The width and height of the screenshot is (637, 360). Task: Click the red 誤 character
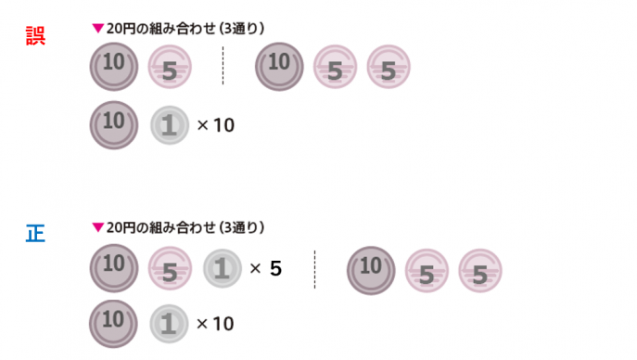[x=35, y=36]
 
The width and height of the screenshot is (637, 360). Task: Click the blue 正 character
[x=35, y=234]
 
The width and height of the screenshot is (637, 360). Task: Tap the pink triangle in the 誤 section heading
[x=98, y=28]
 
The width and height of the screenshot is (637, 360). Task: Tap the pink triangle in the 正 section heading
[x=98, y=227]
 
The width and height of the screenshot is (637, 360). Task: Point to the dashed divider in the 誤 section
[x=223, y=66]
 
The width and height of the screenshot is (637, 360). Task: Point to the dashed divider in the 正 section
[x=314, y=269]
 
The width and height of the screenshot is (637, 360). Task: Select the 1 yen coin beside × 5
[x=223, y=268]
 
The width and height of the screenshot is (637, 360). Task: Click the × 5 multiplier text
[x=266, y=268]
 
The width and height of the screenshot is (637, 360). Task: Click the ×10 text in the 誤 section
[x=216, y=125]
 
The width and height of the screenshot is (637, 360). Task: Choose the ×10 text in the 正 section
[x=215, y=324]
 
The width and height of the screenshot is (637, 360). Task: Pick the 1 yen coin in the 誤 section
[x=170, y=125]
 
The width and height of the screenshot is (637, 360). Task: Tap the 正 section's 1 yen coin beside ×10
[x=169, y=324]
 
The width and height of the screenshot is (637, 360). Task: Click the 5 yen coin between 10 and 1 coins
[x=170, y=268]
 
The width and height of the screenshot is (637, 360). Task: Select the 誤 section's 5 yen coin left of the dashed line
[x=170, y=67]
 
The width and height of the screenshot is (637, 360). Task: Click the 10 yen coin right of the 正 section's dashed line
[x=371, y=271]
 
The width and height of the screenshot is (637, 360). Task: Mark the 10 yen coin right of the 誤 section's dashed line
[x=279, y=67]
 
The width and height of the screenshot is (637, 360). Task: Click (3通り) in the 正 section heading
[x=242, y=227]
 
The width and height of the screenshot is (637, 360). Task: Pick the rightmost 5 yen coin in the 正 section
[x=480, y=271]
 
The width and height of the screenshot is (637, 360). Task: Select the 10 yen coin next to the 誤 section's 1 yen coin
[x=114, y=125]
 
